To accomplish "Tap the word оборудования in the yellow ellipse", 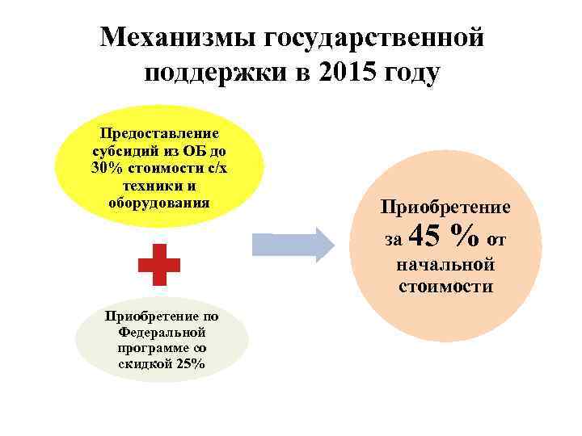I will (x=159, y=203).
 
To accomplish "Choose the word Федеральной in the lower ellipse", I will (x=162, y=332).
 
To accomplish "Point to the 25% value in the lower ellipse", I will (x=192, y=364).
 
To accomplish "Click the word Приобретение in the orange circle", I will (x=445, y=208).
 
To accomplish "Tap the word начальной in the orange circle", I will (x=445, y=266).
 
